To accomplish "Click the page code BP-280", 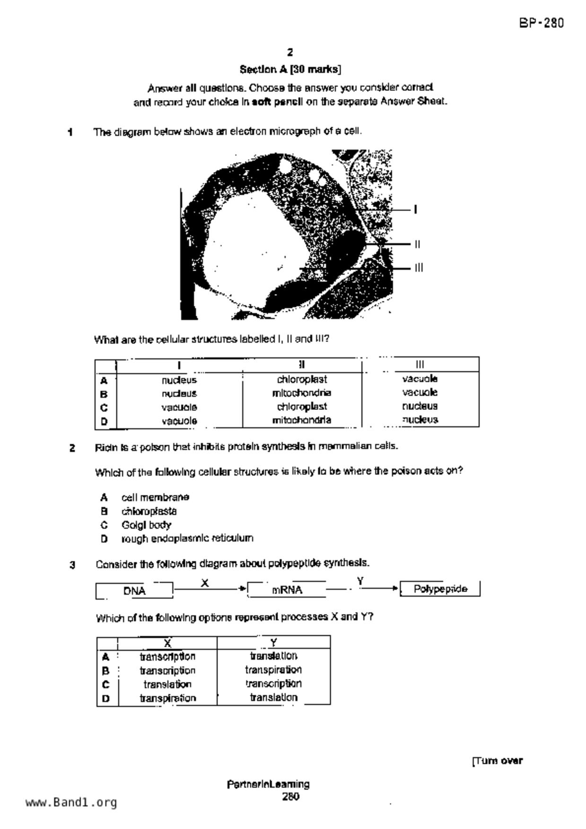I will pyautogui.click(x=541, y=23).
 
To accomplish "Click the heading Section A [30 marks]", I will pyautogui.click(x=290, y=69).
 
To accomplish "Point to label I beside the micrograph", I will pyautogui.click(x=415, y=209).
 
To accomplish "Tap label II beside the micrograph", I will pyautogui.click(x=417, y=244).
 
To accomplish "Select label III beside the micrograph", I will pyautogui.click(x=419, y=268).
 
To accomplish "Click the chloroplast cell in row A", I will pyautogui.click(x=302, y=379).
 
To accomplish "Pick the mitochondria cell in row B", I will pyautogui.click(x=302, y=393).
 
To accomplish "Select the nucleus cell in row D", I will pyautogui.click(x=420, y=420).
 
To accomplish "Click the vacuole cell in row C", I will pyautogui.click(x=179, y=407).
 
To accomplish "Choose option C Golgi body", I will pyautogui.click(x=146, y=525).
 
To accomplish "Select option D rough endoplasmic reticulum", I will pyautogui.click(x=187, y=538).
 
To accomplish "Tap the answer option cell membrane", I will pyautogui.click(x=155, y=497).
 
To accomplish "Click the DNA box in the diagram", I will pyautogui.click(x=134, y=591).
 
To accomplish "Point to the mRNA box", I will pyautogui.click(x=287, y=590).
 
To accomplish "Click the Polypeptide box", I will pyautogui.click(x=440, y=589).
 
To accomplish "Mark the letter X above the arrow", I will pyautogui.click(x=205, y=583).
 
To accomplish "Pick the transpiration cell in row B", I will pyautogui.click(x=273, y=670).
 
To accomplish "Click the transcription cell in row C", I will pyautogui.click(x=273, y=683).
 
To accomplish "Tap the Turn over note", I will pyautogui.click(x=498, y=761).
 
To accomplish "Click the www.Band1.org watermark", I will pyautogui.click(x=71, y=803).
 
